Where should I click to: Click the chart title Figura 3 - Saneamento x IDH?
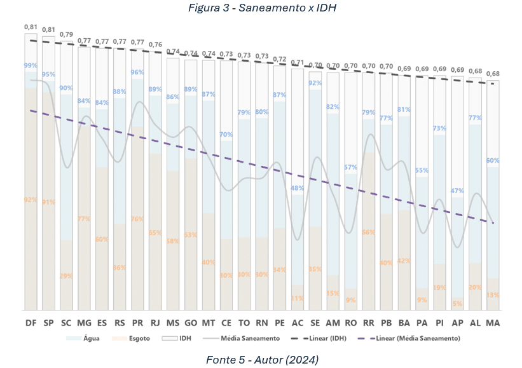(x=261, y=8)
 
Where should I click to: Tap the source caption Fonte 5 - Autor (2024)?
(x=261, y=360)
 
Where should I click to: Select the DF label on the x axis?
(x=31, y=324)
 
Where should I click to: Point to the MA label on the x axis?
(x=493, y=324)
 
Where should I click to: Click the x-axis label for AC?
(x=298, y=324)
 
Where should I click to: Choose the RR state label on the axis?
(x=368, y=324)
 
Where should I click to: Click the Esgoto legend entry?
(x=137, y=339)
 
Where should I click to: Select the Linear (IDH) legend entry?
(x=326, y=339)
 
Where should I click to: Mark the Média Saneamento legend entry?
(x=249, y=339)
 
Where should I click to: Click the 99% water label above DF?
(x=31, y=65)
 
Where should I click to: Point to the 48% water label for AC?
(x=297, y=188)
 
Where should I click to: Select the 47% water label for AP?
(x=457, y=191)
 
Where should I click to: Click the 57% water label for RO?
(x=350, y=168)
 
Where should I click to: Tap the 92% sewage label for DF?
(x=31, y=200)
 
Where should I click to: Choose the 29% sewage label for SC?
(x=66, y=276)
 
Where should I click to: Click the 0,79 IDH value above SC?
(x=66, y=33)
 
